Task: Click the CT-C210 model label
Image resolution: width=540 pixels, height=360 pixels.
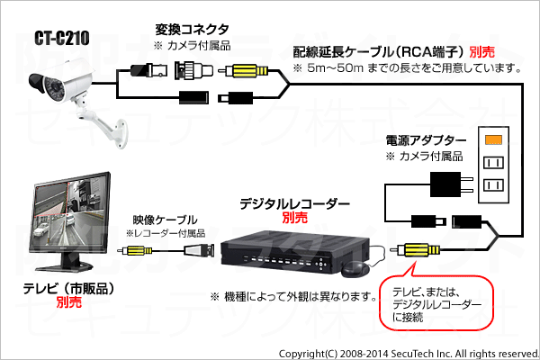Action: coord(62,38)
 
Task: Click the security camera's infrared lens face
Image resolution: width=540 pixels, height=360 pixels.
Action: coord(51,89)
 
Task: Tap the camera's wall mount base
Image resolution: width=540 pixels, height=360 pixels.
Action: coord(120,134)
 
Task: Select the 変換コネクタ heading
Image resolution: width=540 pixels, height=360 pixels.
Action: coord(192,30)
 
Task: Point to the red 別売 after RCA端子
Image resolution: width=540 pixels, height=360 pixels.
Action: coord(481,52)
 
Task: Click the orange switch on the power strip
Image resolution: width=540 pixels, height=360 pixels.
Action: coord(493,139)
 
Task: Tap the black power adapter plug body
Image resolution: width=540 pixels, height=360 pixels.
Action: coord(445,184)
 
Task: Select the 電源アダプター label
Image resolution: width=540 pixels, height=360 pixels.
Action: coord(426,140)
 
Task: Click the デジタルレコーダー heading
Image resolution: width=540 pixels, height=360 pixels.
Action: coord(294,204)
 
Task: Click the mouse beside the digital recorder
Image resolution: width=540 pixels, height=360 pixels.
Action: coord(355,269)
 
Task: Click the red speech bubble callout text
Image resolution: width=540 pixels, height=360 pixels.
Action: coord(436,304)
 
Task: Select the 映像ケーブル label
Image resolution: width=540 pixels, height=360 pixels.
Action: coord(165,220)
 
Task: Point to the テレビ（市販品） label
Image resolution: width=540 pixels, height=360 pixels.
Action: coord(68,289)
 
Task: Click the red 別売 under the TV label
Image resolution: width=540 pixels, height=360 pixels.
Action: coord(69,302)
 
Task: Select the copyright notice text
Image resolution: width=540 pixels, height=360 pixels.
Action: coord(409,354)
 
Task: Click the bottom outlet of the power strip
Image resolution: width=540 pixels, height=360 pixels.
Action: coord(493,185)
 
